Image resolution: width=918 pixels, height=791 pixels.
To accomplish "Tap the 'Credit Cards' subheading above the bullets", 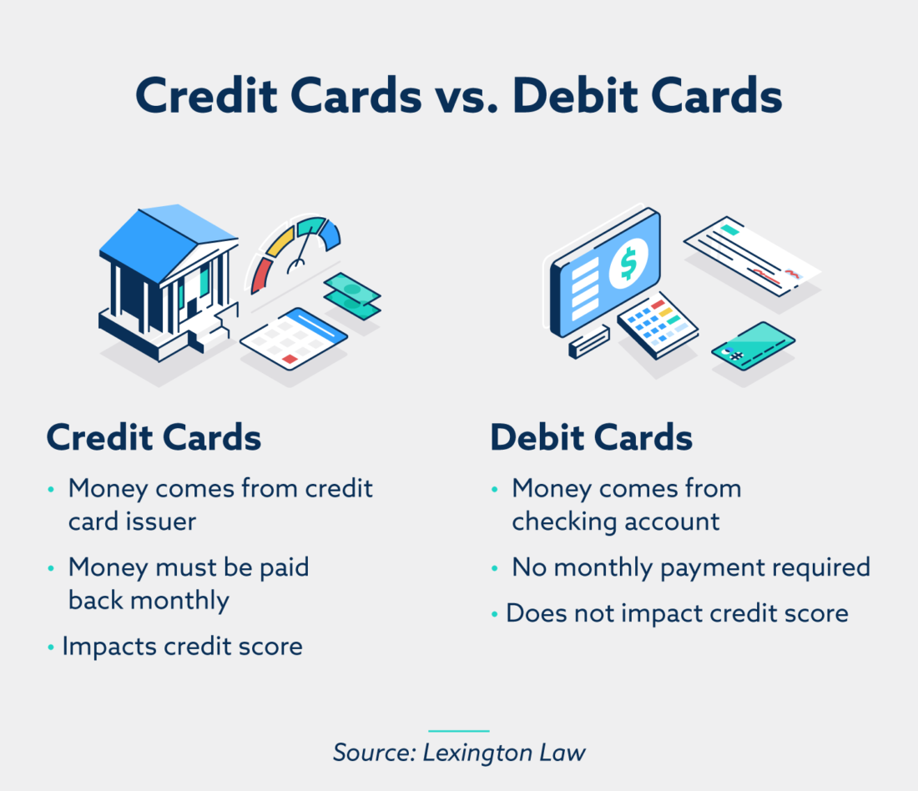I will point(154,438).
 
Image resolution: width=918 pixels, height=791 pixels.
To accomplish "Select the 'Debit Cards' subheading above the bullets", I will point(591,438).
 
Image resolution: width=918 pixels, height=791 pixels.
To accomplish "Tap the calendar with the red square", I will point(293,338).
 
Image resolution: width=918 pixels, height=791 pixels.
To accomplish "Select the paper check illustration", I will point(751,254).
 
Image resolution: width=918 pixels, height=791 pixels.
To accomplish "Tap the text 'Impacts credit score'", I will point(182,646).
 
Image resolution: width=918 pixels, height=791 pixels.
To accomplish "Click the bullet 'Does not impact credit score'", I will point(677,613).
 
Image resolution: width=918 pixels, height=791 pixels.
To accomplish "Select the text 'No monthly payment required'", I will point(691,567).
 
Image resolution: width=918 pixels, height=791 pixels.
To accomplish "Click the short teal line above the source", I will point(458,731).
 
